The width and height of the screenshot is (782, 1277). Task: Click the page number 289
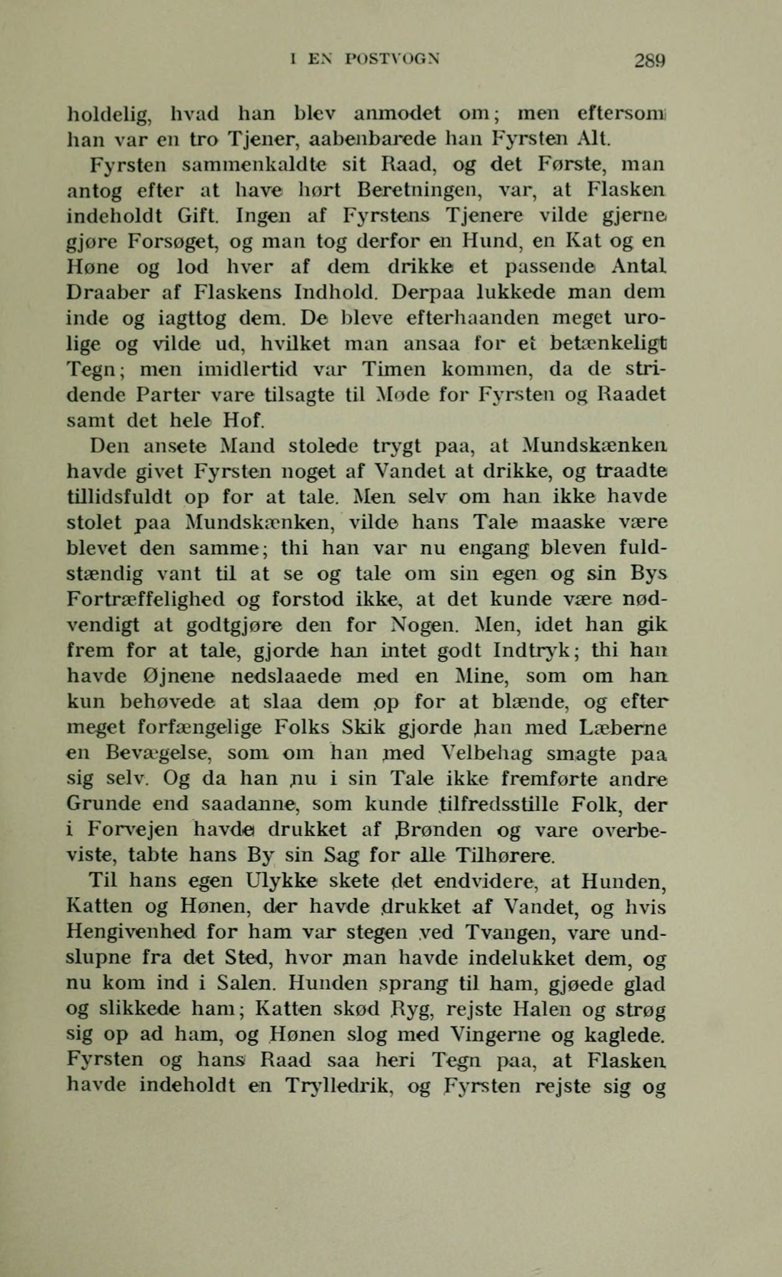(650, 61)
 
